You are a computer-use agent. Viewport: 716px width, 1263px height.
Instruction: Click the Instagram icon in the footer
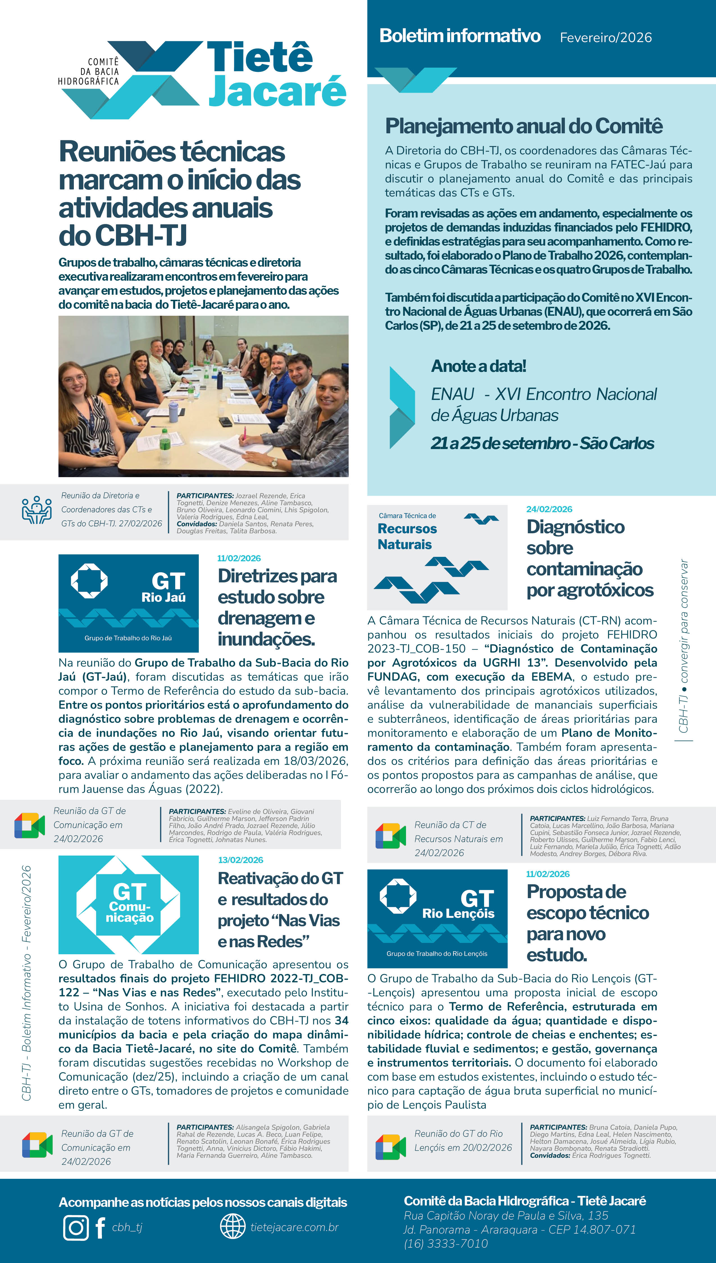tap(76, 1228)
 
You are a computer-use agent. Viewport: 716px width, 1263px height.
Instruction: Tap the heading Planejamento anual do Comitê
tap(524, 126)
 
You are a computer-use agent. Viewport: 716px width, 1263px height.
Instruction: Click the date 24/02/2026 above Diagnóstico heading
tap(549, 509)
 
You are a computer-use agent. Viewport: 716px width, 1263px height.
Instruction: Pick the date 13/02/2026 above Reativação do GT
tap(240, 860)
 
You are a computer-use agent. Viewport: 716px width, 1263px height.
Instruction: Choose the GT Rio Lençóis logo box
tap(437, 919)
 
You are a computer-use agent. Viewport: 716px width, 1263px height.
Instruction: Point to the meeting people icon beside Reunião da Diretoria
tap(37, 510)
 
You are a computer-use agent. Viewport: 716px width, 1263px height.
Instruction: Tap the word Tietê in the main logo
tap(260, 57)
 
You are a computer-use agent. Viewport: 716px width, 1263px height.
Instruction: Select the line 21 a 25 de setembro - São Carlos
tap(542, 443)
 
